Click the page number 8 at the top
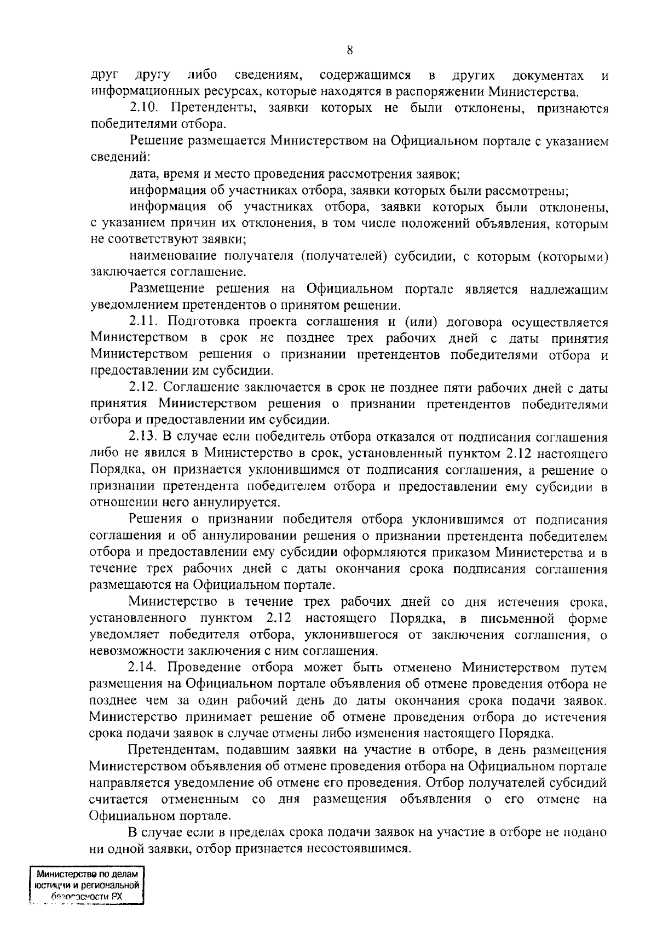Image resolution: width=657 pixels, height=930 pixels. tap(350, 50)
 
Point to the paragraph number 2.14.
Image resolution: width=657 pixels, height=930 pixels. tap(144, 668)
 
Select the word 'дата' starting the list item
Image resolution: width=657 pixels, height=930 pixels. tap(142, 175)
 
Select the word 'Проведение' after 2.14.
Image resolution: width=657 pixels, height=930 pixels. tap(203, 668)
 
